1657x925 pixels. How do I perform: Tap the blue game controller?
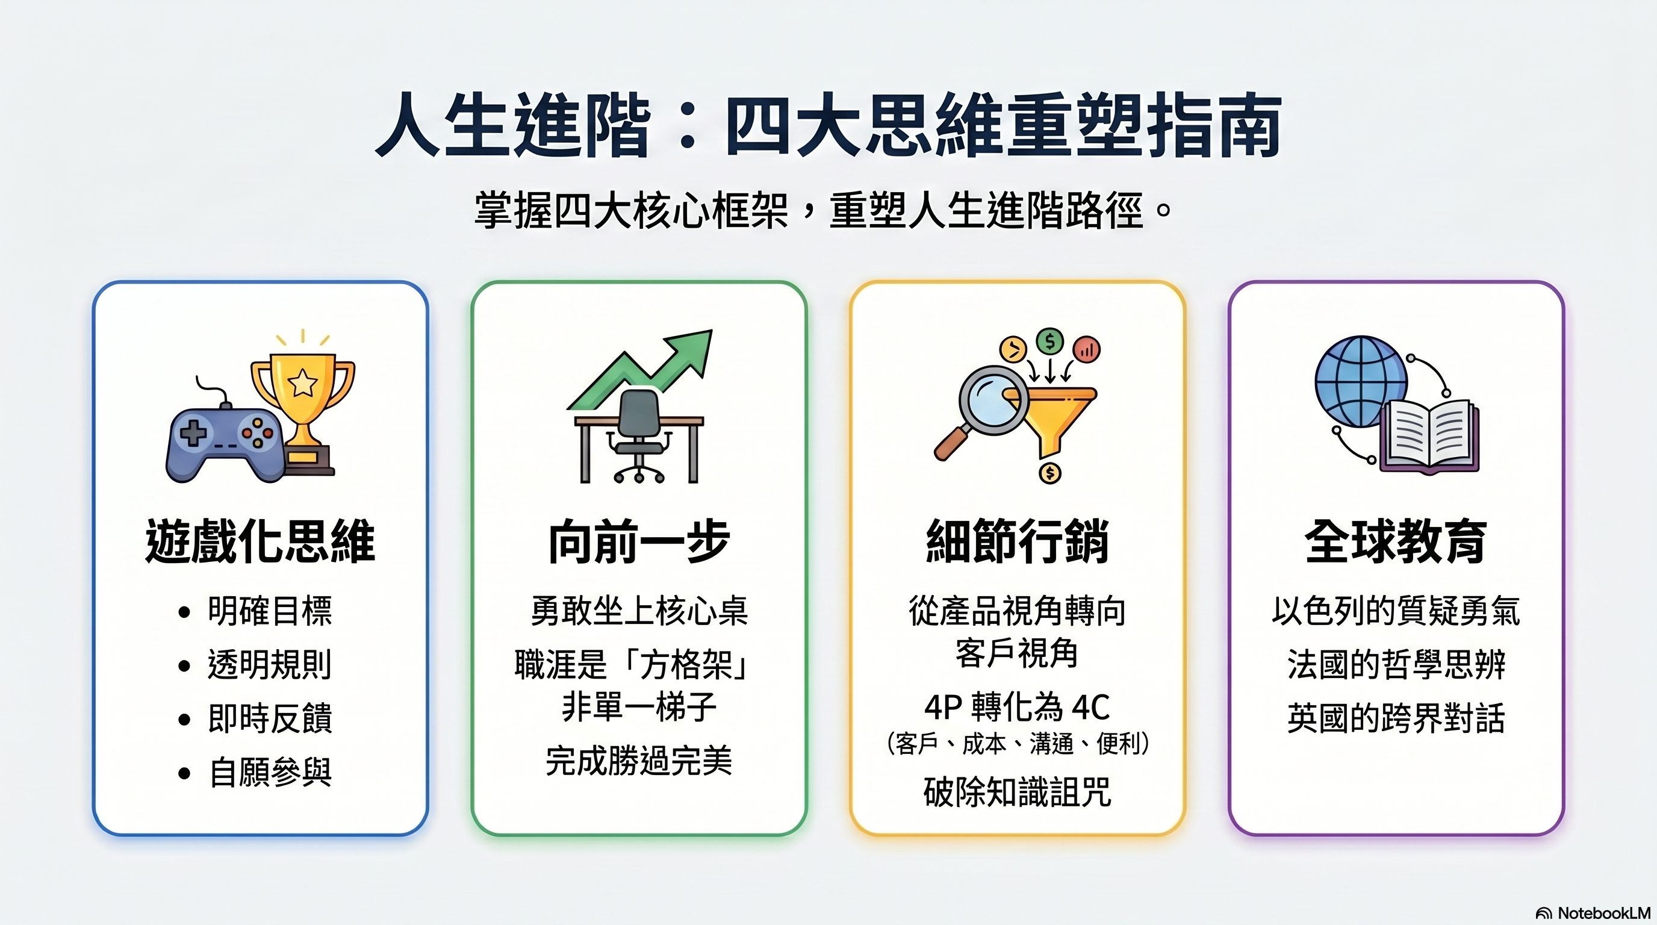coord(225,443)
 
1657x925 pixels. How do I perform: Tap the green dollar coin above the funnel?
coord(1050,341)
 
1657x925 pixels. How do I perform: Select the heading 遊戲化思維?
coord(260,541)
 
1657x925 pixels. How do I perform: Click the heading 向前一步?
coord(639,541)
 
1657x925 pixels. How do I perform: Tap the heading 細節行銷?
coord(1017,541)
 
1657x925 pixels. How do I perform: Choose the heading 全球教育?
coord(1396,541)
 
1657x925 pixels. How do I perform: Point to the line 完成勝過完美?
coord(639,761)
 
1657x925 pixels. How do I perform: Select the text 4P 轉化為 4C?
coord(1017,708)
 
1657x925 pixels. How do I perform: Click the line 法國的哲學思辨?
coord(1396,664)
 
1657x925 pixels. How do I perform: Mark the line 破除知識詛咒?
coord(1017,793)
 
